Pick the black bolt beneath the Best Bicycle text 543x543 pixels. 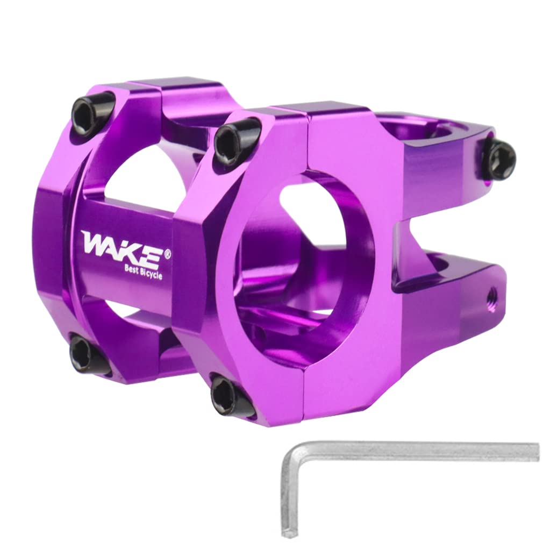point(86,355)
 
